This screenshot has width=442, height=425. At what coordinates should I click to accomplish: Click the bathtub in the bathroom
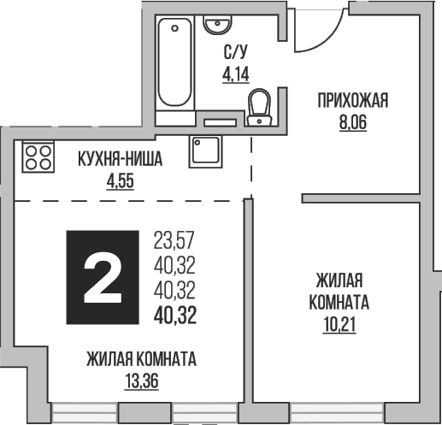coord(175,64)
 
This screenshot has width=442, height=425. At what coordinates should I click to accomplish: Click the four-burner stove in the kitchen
coord(37,155)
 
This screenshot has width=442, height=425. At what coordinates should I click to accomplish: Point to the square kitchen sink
coord(206,151)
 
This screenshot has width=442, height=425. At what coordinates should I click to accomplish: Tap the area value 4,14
coord(234,74)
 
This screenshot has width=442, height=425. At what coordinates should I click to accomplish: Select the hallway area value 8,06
coord(352,122)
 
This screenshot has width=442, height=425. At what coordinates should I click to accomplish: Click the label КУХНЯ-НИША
coord(120,159)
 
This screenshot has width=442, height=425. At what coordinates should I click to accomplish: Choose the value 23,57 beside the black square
coord(174,239)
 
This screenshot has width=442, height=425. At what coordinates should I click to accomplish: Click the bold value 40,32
coord(174,316)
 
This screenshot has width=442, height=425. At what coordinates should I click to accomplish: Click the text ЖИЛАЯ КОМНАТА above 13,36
coord(141,359)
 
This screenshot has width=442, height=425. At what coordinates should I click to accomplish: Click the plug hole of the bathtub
coord(176,27)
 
